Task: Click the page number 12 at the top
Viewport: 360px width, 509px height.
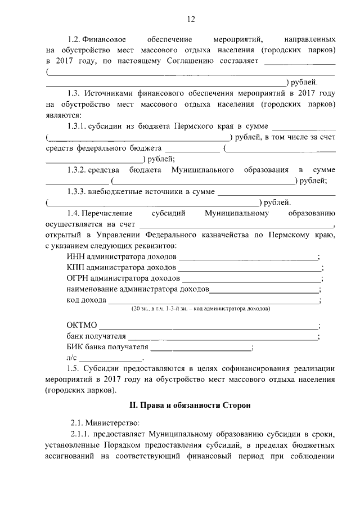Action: coord(191,20)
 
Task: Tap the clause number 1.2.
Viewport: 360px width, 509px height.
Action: coord(74,40)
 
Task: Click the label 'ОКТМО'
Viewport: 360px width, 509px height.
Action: coord(82,326)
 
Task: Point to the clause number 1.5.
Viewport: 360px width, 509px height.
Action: coord(74,368)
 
